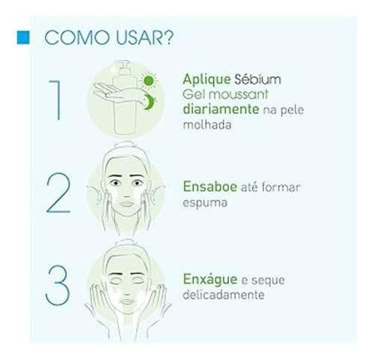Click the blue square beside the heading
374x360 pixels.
coord(23,37)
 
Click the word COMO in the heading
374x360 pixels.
coord(77,38)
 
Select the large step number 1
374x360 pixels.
coord(55,100)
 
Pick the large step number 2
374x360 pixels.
coord(58,193)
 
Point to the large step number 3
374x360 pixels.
coord(58,285)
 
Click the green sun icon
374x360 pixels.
coord(149,81)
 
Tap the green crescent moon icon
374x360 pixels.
coord(150,102)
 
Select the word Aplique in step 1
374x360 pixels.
coord(206,80)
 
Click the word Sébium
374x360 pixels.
coord(258,79)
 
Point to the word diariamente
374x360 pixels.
coord(221,109)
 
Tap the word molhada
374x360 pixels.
coord(207,124)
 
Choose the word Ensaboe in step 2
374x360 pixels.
coord(210,186)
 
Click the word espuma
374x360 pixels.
coord(205,203)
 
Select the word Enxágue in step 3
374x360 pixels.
coord(210,279)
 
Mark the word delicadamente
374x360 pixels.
coord(224,295)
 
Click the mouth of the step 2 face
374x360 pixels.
coord(126,204)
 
